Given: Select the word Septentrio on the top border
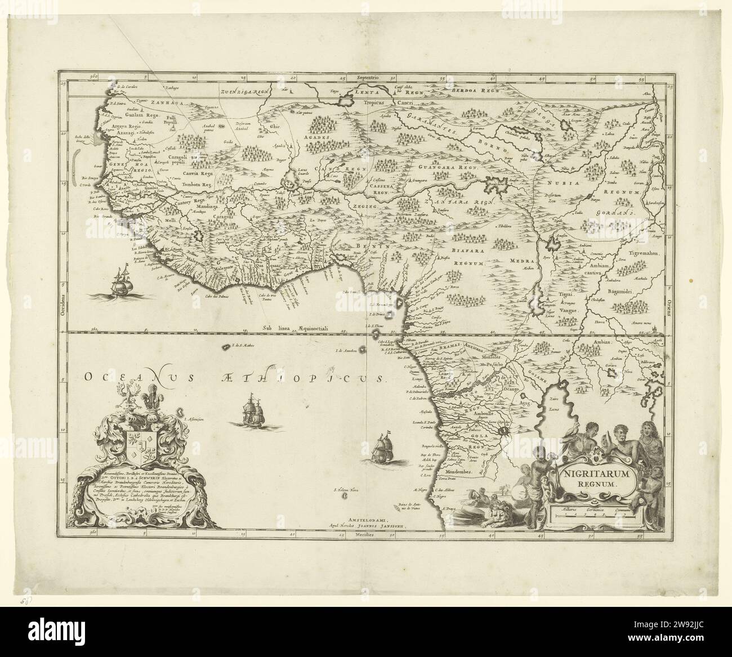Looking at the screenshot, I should tap(365, 75).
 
